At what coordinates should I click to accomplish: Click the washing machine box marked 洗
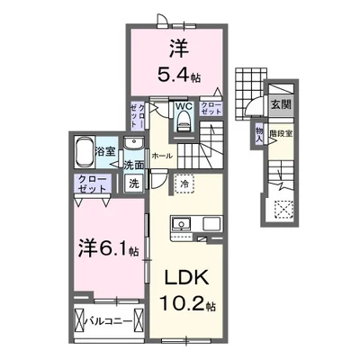[133, 183]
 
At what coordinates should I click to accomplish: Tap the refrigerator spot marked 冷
[184, 184]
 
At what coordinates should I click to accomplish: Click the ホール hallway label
[162, 156]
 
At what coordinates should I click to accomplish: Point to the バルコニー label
[109, 321]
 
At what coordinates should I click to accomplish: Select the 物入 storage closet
[259, 134]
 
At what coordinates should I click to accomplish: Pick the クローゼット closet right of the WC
[211, 109]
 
